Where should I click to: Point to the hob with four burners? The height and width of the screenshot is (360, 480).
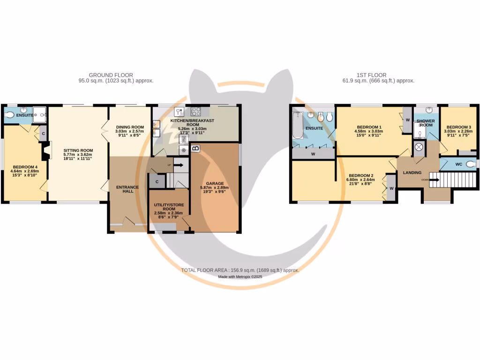coord(196,112)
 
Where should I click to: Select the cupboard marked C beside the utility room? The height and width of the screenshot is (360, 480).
coord(157,181)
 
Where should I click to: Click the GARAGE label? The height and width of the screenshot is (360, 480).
coord(215,183)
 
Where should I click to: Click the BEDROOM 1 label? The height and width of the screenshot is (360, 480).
coord(369,127)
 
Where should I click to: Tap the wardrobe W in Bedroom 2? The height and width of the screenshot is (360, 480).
coord(390,189)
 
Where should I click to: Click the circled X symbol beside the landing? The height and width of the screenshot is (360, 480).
coord(419,147)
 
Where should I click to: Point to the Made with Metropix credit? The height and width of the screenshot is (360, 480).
coord(240,277)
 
